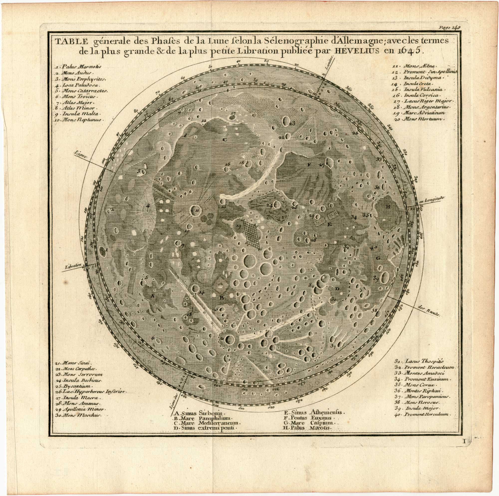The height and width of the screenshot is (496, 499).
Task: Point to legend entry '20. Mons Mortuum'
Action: (418, 119)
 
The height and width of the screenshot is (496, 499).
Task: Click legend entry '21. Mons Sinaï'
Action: (75, 363)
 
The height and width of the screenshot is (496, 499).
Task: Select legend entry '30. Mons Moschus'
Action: (79, 415)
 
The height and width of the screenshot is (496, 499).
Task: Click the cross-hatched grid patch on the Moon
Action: (252, 234)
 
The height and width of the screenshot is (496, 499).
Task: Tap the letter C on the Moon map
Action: (225, 140)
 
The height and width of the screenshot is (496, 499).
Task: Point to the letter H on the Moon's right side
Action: (388, 206)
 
